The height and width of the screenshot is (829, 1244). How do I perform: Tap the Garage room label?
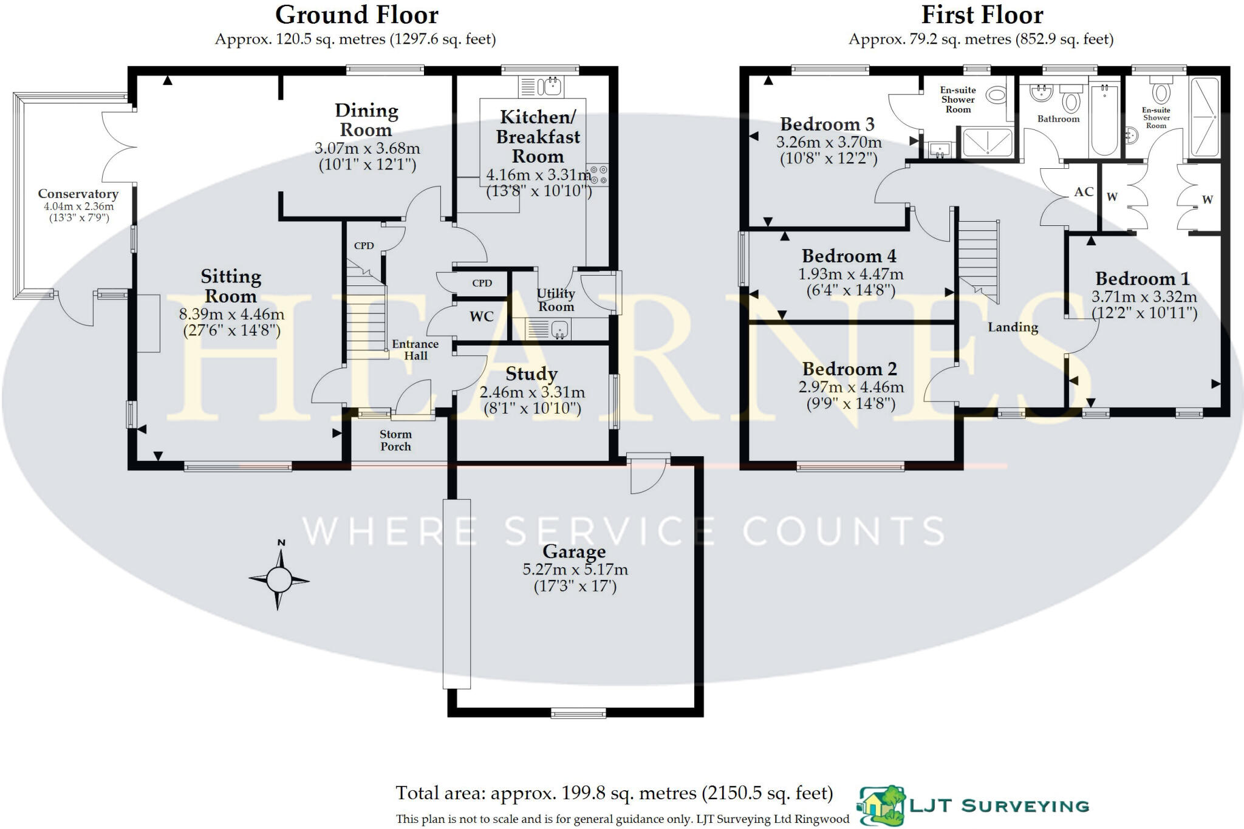[x=574, y=551]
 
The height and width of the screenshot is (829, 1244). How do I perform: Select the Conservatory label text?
[x=78, y=194]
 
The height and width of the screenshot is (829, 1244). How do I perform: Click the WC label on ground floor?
[x=481, y=316]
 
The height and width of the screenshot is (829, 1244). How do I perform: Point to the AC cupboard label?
[x=1084, y=192]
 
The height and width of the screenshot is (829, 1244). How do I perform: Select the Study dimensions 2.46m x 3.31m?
[x=532, y=392]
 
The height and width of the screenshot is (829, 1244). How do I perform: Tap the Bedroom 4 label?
[x=849, y=256]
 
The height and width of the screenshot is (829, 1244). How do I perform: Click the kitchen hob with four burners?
[x=598, y=175]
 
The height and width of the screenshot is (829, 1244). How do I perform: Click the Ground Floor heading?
[x=357, y=15]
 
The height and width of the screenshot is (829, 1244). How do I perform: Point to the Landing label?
[x=1013, y=327]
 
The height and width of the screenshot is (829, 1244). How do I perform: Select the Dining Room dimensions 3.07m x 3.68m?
[x=367, y=148]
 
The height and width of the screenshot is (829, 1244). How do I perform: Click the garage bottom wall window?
[x=578, y=713]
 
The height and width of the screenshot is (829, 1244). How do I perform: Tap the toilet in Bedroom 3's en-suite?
[x=996, y=95]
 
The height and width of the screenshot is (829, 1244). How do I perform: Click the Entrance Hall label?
[x=415, y=350]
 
